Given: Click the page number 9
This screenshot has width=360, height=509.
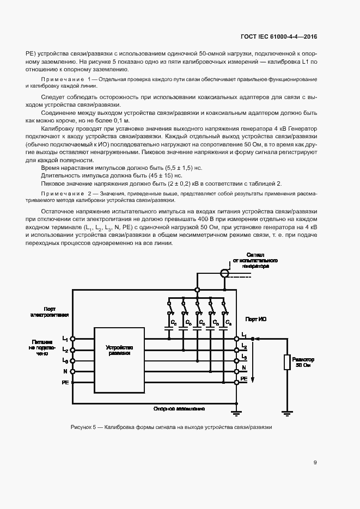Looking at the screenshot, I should point(315,463).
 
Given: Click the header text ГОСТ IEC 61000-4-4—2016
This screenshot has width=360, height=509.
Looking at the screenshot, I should point(279,36).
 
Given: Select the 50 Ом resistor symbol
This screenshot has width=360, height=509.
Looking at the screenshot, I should point(287,363).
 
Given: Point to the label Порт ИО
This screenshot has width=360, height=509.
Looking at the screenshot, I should point(256,318).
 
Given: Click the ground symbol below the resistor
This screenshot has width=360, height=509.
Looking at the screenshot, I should point(287,413).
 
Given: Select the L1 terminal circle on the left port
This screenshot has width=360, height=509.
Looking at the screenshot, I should point(73,338).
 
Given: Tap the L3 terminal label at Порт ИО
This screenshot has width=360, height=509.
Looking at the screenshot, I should point(244,357).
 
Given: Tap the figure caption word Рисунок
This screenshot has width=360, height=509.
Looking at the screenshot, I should point(83,427).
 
